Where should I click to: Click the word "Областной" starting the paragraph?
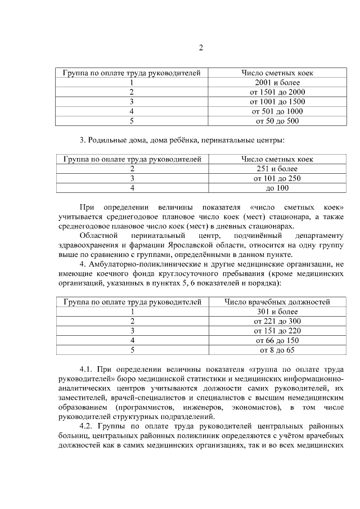pos(98,235)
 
